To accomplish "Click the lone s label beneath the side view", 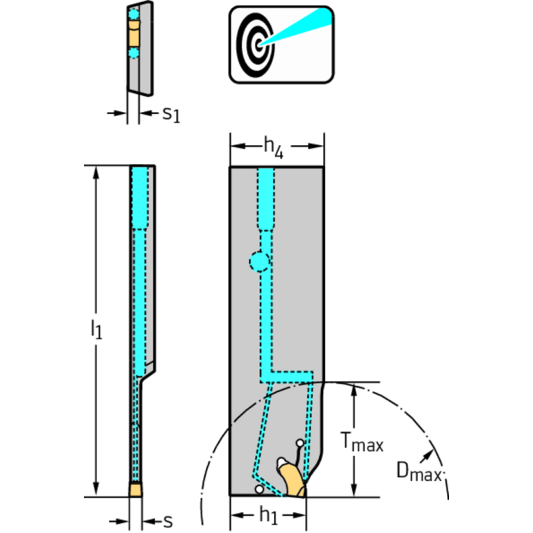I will click(167, 519).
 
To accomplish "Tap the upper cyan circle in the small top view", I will click(134, 14).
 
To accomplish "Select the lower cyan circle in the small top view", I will click(134, 53).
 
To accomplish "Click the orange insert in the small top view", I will click(134, 33).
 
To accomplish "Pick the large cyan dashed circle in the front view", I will click(259, 261).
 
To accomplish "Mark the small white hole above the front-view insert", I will click(300, 443).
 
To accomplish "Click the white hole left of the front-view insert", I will click(259, 490).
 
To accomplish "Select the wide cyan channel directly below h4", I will click(267, 197).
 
